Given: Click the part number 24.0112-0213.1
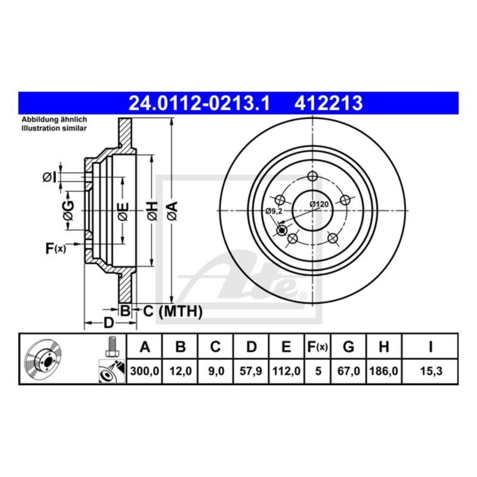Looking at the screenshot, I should (x=200, y=104).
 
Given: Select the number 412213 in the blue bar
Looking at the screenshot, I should (x=328, y=104).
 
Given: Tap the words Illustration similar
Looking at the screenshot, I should (x=54, y=128).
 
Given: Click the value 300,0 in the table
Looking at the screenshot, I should (x=144, y=370).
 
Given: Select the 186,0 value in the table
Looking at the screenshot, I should (x=385, y=370).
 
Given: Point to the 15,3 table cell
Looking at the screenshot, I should (x=430, y=370).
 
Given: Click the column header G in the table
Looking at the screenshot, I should (x=350, y=347).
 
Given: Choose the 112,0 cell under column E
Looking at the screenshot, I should (x=286, y=370).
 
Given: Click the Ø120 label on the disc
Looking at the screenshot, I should (x=320, y=205).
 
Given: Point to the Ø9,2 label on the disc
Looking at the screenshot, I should (x=274, y=212).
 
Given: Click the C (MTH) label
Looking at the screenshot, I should (x=172, y=311).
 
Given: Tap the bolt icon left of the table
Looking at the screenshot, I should (x=111, y=347).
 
